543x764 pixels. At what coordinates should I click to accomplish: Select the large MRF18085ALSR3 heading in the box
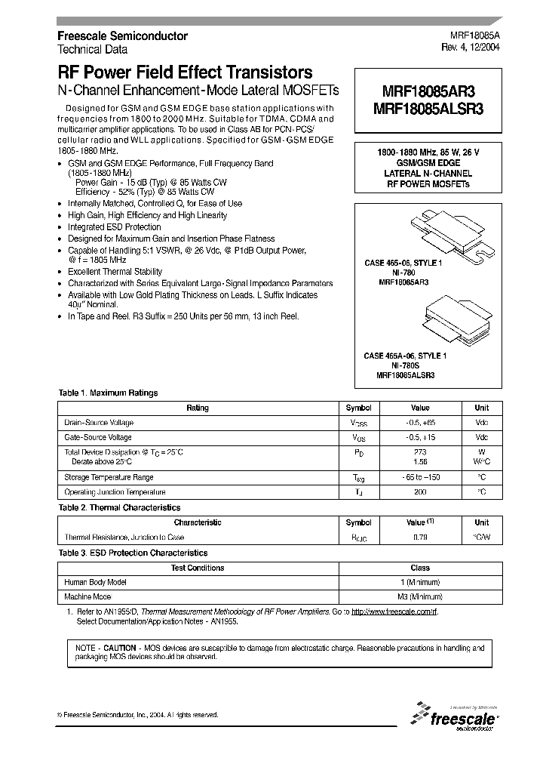[428, 109]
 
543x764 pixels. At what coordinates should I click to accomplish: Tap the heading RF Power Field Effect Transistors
[186, 73]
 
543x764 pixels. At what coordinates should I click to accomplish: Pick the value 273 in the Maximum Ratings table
[420, 451]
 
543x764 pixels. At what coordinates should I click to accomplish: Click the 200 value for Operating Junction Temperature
[420, 492]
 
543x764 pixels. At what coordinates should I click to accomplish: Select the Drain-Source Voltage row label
[99, 423]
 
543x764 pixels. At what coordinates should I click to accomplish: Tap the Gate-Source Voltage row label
[98, 438]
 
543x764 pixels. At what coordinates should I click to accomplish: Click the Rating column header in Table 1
[198, 408]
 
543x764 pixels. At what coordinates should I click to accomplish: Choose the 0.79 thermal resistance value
[420, 538]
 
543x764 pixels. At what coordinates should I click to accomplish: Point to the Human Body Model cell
[96, 582]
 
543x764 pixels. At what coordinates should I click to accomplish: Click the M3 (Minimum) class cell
[420, 597]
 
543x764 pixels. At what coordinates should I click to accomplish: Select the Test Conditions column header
[198, 568]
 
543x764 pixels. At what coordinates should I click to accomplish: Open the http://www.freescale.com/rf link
[394, 612]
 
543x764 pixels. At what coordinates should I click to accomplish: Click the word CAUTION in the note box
[120, 648]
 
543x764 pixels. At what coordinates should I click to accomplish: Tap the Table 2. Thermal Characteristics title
[119, 508]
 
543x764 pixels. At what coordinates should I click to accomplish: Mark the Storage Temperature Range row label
[109, 477]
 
